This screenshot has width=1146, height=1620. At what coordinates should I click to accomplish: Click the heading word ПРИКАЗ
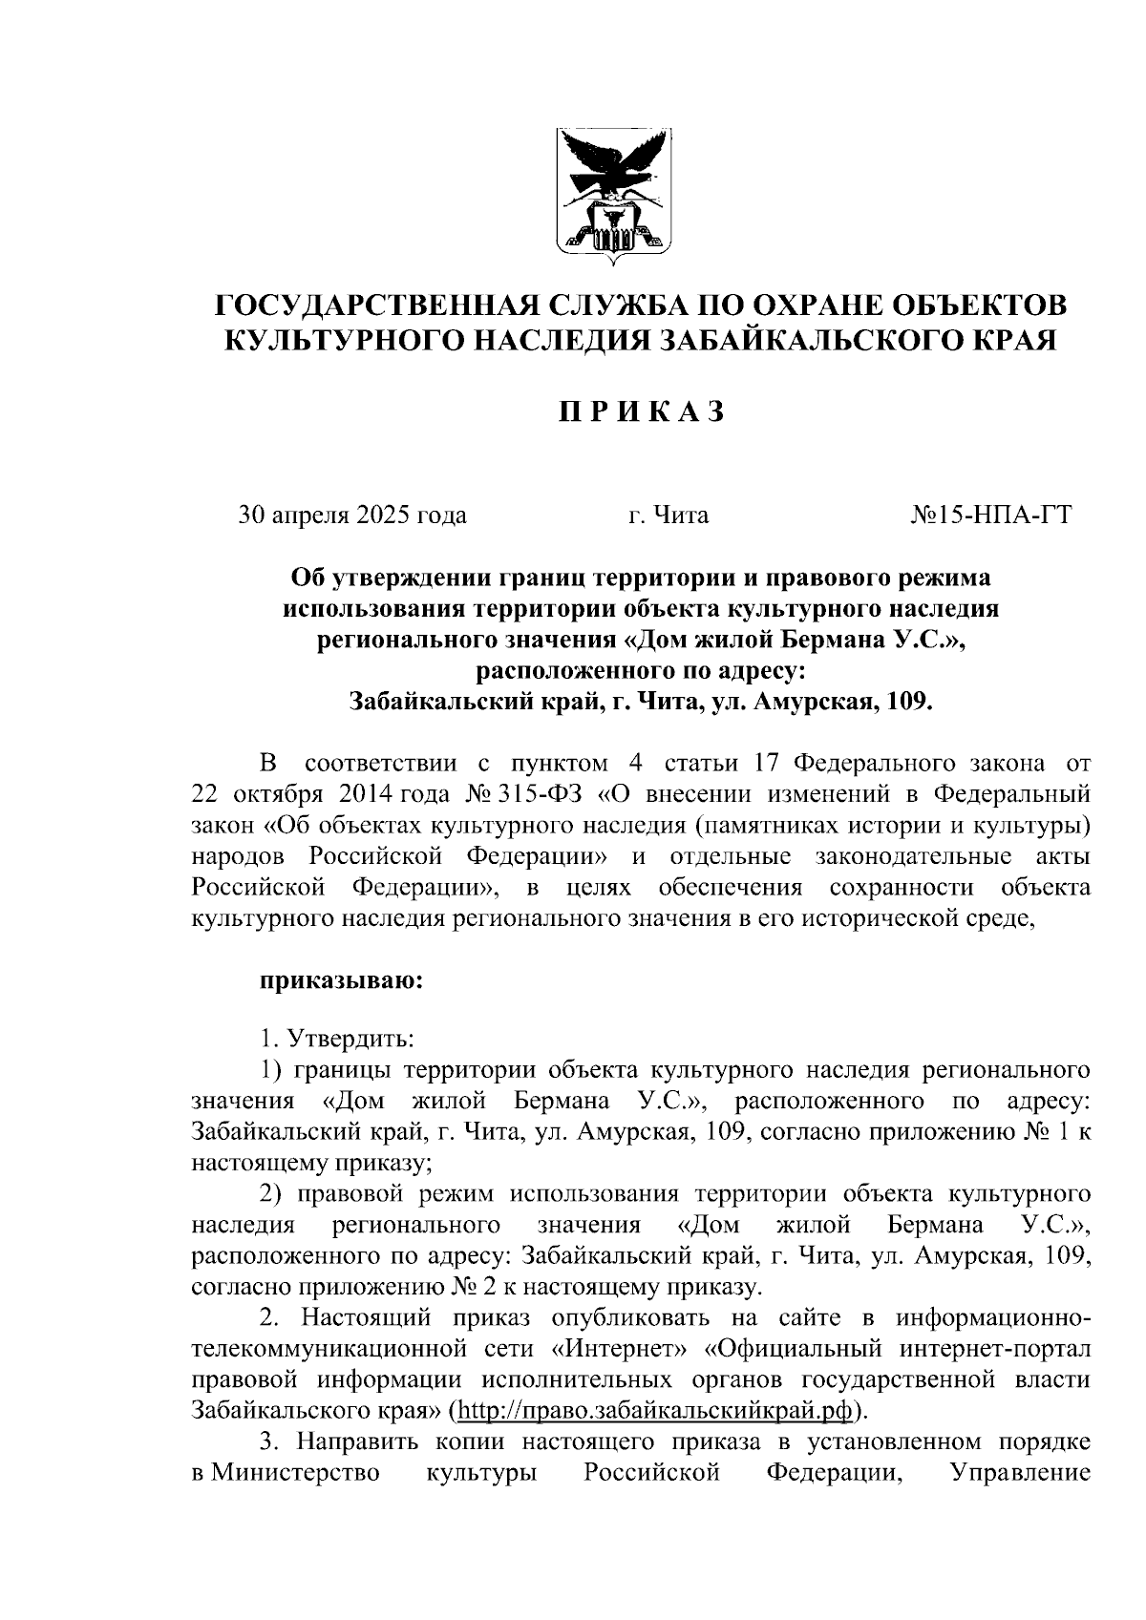pyautogui.click(x=642, y=411)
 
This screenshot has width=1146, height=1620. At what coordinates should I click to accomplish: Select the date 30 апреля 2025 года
pyautogui.click(x=351, y=516)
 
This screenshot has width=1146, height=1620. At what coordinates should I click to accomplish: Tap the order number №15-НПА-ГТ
pyautogui.click(x=992, y=516)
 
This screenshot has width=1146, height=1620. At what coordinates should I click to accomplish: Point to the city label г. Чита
pyautogui.click(x=668, y=516)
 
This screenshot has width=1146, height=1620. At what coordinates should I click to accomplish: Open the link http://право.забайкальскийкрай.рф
pyautogui.click(x=656, y=1410)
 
